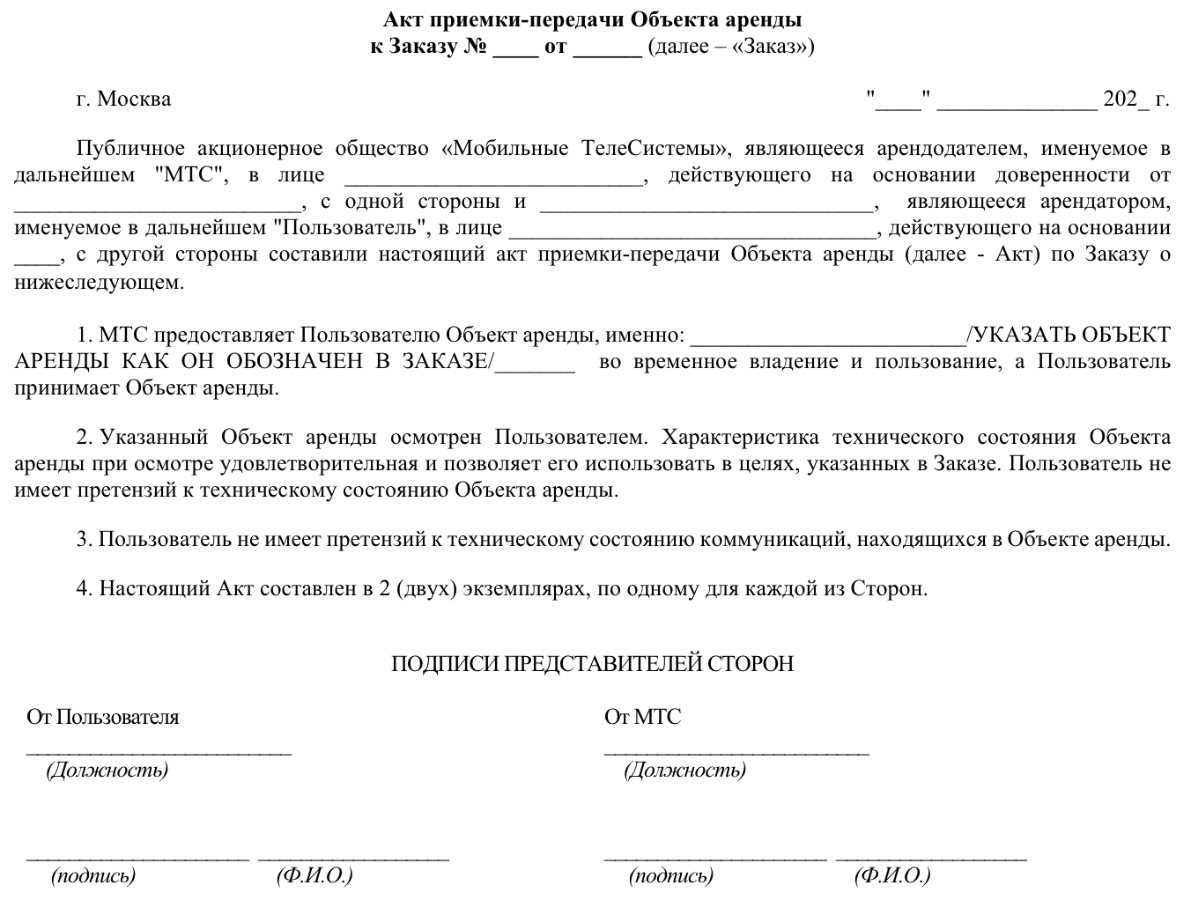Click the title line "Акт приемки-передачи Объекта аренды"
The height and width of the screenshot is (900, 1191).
593,19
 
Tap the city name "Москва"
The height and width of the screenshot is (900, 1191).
134,99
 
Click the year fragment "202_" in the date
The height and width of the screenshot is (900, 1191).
1126,99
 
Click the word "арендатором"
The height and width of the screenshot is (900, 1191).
1106,202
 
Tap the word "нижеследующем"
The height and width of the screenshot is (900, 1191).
100,282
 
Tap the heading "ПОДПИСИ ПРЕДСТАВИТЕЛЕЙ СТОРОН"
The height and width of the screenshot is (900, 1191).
592,663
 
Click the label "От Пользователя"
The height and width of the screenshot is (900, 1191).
103,717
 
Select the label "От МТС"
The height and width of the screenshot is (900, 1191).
642,717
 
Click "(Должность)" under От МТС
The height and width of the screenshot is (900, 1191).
684,771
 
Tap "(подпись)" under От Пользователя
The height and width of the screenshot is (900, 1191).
93,875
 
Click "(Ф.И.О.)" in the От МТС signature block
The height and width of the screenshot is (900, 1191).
891,875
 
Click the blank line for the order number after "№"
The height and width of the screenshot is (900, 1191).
515,48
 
